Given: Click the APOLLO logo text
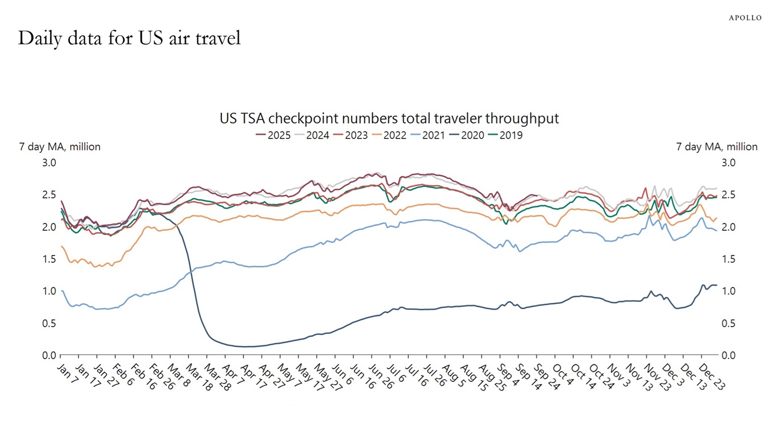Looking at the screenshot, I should coord(744,18).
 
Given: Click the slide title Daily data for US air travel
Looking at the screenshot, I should coord(129,38).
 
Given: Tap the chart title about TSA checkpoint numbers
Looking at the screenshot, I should coord(389,118).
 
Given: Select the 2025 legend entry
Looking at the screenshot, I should coord(273,135).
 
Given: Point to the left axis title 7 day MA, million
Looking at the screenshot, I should coord(60,147).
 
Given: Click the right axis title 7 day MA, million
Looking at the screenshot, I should coord(716,147).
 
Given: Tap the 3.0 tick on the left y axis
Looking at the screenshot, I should coord(50,163).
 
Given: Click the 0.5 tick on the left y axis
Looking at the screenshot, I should coord(50,324).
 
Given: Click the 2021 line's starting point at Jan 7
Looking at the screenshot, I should coord(61,291).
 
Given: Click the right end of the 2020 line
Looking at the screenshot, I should coord(716,285).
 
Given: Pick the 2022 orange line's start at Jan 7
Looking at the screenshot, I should coord(61,246).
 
